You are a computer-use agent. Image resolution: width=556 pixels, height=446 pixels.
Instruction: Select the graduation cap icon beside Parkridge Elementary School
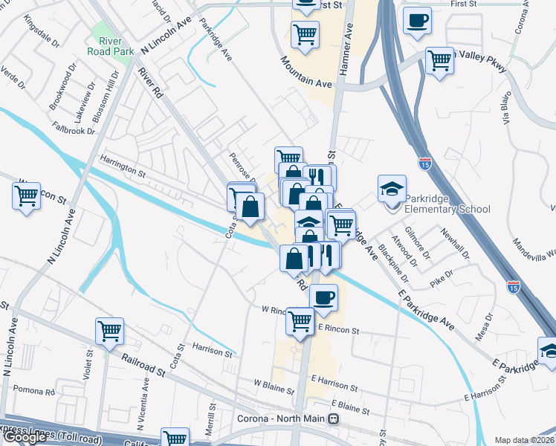pyautogui.click(x=392, y=190)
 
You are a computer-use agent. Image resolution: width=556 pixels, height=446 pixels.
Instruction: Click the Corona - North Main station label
pyautogui.click(x=290, y=418)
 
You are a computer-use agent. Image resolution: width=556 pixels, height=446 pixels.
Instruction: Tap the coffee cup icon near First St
pyautogui.click(x=417, y=21)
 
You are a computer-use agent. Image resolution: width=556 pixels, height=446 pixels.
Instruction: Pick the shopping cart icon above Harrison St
pyautogui.click(x=109, y=332)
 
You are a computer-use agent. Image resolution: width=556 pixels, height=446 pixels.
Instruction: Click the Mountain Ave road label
pyautogui.click(x=306, y=74)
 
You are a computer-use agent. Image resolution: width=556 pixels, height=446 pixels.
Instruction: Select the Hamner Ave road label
pyautogui.click(x=345, y=53)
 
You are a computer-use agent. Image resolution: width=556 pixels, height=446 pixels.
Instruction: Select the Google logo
pyautogui.click(x=25, y=438)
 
